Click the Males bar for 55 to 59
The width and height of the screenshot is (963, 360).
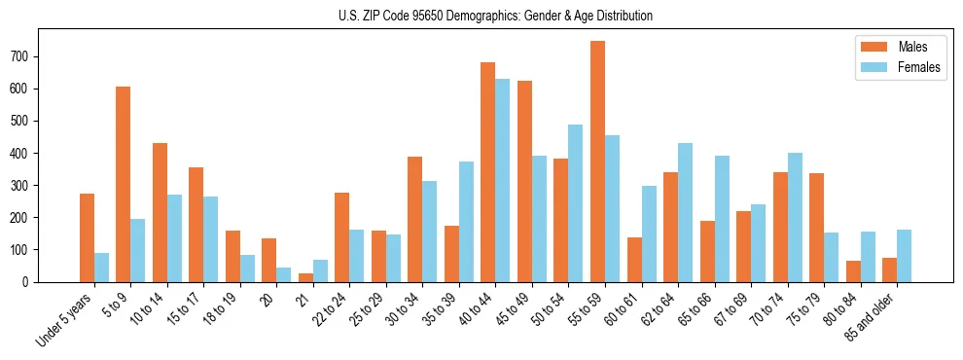[597, 162]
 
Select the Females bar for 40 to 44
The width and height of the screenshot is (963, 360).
[502, 180]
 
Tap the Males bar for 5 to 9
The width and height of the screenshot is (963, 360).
[123, 184]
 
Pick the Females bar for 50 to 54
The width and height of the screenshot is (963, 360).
[575, 203]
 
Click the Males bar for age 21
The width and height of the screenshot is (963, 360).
[305, 277]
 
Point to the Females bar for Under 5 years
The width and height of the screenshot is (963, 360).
[101, 268]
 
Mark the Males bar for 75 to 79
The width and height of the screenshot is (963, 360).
[816, 228]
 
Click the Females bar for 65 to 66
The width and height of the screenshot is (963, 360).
[721, 219]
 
